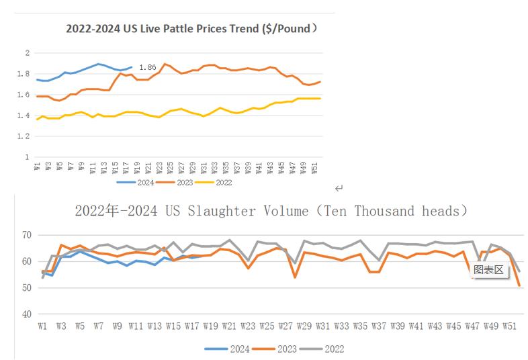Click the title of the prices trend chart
tap(191, 29)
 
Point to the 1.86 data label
tap(147, 68)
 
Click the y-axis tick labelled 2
tap(26, 52)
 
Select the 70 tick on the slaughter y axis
tap(26, 235)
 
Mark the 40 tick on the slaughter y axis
tap(26, 314)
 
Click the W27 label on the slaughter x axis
tap(287, 326)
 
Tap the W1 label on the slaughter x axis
tap(42, 326)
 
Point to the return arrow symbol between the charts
tap(339, 188)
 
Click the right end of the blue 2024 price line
tap(132, 66)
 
